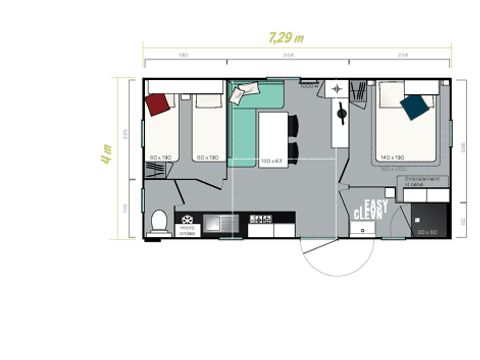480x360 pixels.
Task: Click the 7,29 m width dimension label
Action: pos(288,39)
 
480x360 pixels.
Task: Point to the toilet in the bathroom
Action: pos(157,222)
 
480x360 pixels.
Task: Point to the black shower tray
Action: pos(428,220)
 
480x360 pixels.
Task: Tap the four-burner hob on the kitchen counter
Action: pos(260,220)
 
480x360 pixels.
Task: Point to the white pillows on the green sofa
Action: pos(243,93)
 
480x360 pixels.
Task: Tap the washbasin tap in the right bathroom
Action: pos(337,90)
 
